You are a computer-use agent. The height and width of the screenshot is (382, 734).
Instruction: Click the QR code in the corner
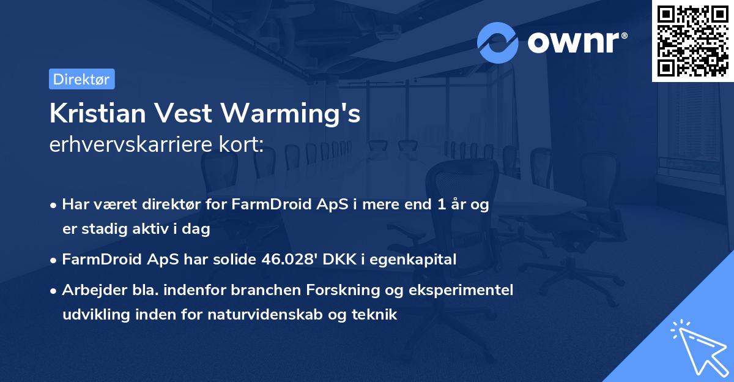(692, 40)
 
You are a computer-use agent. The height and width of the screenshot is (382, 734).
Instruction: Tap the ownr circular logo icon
(497, 42)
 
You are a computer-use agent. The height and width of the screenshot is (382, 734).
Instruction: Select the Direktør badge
(81, 79)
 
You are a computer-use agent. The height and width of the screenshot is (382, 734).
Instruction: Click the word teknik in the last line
(378, 315)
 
